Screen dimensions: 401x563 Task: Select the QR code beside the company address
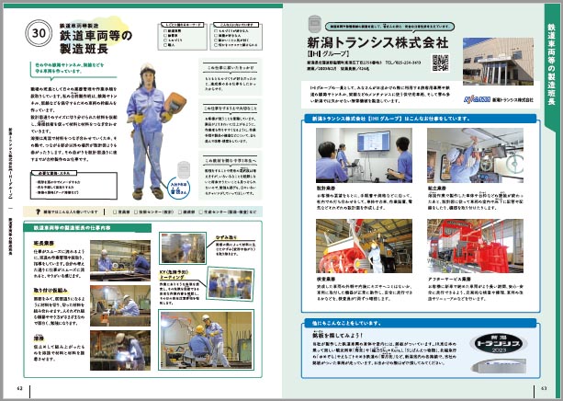440,63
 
